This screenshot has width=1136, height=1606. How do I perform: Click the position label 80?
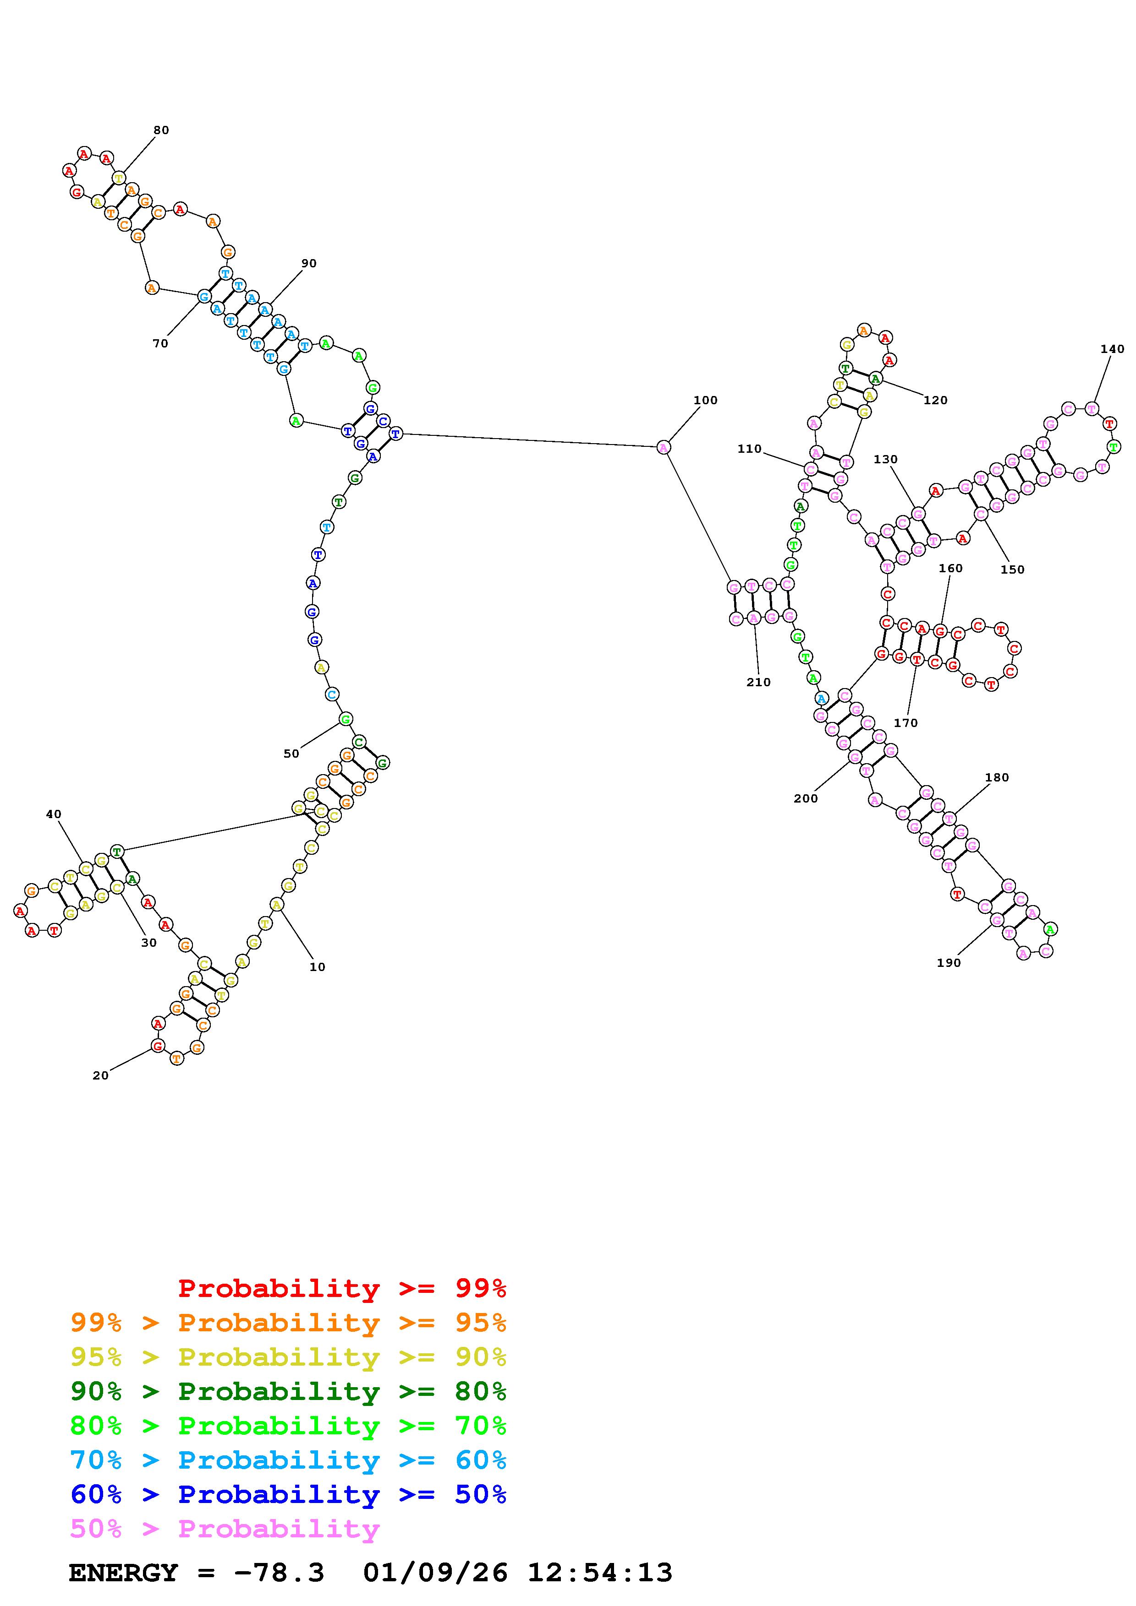161,130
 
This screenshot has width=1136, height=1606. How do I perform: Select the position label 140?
1112,349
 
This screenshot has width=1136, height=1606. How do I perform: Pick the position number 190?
949,962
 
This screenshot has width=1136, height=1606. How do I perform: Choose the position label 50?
291,754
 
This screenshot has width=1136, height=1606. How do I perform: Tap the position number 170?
905,722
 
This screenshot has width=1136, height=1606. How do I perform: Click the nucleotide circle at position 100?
664,447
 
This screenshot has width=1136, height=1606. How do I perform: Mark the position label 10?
317,967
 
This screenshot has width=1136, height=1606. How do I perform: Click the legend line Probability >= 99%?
341,1288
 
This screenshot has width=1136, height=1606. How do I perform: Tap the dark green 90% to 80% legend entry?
288,1391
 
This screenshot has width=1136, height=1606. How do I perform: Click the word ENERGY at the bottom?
123,1573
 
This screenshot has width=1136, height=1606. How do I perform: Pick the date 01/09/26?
435,1573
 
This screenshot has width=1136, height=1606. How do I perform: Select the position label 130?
885,460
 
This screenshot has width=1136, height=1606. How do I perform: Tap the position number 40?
54,814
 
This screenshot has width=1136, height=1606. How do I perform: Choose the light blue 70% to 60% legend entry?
288,1460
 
